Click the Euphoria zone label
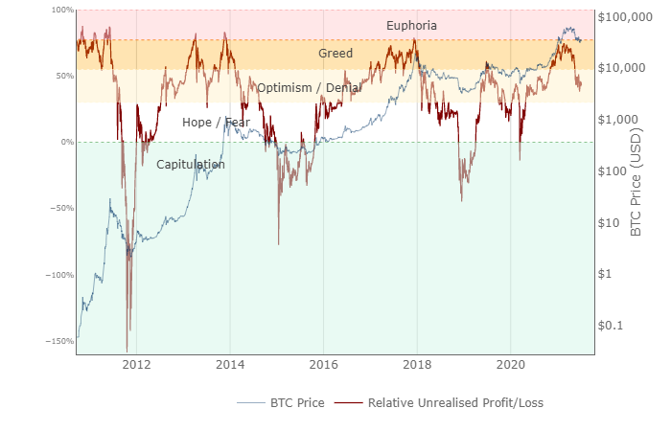411,26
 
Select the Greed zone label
335,54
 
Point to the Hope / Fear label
216,123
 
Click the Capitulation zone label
191,165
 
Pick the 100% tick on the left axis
60,10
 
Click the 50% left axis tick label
63,76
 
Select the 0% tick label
66,142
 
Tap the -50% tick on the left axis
61,208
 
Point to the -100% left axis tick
59,275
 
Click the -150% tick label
59,341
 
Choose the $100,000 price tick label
625,17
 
